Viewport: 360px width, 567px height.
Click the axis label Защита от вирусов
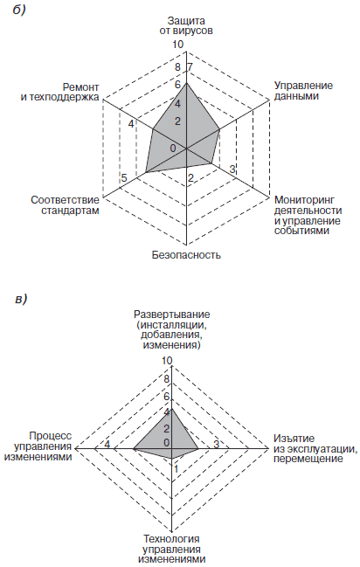[186, 25]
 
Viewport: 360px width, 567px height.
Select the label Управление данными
[303, 91]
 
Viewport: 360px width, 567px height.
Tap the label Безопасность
[186, 255]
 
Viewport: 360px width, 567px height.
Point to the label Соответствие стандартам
[65, 205]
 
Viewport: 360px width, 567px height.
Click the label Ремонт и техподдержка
[59, 93]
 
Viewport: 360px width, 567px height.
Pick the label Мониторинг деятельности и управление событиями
[308, 215]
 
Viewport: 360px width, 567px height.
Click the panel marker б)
[19, 10]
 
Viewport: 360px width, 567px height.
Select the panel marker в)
[21, 300]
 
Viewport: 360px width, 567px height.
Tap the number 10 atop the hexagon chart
[177, 45]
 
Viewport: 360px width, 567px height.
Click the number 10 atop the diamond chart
[167, 361]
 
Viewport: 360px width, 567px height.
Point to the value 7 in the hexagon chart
[190, 67]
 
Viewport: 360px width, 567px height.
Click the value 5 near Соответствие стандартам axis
[124, 178]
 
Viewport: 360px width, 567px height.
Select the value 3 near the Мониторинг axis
[232, 169]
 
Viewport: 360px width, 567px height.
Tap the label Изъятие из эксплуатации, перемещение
[315, 448]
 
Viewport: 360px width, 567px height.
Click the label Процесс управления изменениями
[38, 446]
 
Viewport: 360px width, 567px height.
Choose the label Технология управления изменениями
[172, 549]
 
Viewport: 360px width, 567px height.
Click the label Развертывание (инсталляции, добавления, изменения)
[172, 329]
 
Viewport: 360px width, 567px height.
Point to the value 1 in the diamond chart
[177, 469]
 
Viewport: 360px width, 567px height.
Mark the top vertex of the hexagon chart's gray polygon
[186, 83]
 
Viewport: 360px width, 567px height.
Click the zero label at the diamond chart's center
[166, 443]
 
